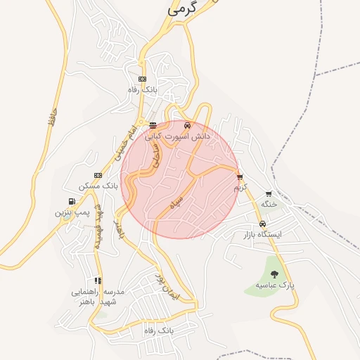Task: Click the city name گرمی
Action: click(x=181, y=10)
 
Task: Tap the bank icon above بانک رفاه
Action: click(x=143, y=79)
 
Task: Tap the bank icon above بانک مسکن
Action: click(x=98, y=175)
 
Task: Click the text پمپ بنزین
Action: click(x=73, y=211)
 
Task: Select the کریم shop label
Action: click(x=241, y=188)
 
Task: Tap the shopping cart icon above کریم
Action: click(x=240, y=177)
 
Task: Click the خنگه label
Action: click(x=269, y=203)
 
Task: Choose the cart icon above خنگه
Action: click(x=269, y=193)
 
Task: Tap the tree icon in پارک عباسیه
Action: click(x=274, y=274)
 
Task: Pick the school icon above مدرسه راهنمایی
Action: click(x=98, y=281)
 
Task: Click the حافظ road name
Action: click(x=49, y=114)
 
